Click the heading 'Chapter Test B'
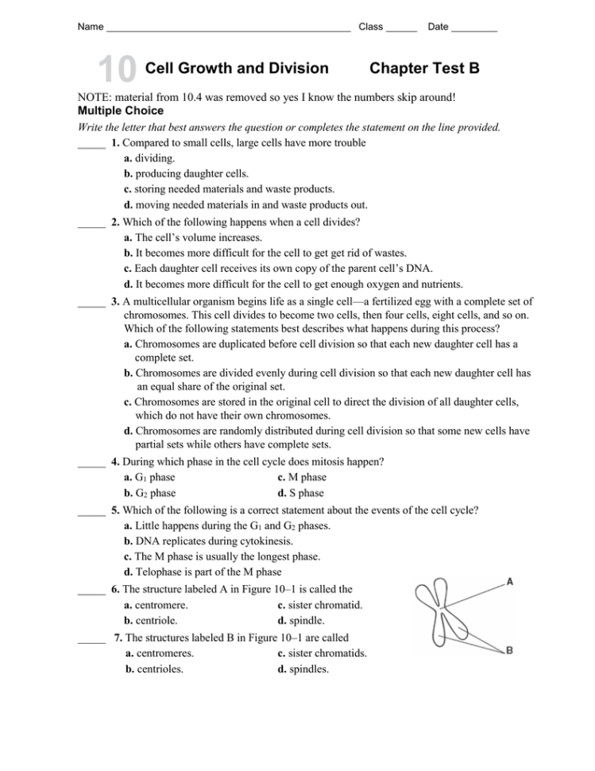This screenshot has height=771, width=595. (x=424, y=68)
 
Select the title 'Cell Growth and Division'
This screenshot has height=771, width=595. (x=238, y=68)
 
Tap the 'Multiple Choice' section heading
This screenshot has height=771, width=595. (x=120, y=110)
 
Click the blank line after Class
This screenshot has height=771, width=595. (x=401, y=29)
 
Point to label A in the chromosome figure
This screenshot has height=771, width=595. (x=509, y=581)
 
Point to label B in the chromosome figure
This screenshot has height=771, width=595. (x=509, y=650)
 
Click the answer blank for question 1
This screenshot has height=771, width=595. (x=91, y=145)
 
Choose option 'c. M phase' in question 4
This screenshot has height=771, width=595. (x=302, y=477)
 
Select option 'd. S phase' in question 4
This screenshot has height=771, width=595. (x=300, y=493)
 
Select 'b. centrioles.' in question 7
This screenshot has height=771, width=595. (x=155, y=668)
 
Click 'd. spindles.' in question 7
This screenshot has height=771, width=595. (x=303, y=668)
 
